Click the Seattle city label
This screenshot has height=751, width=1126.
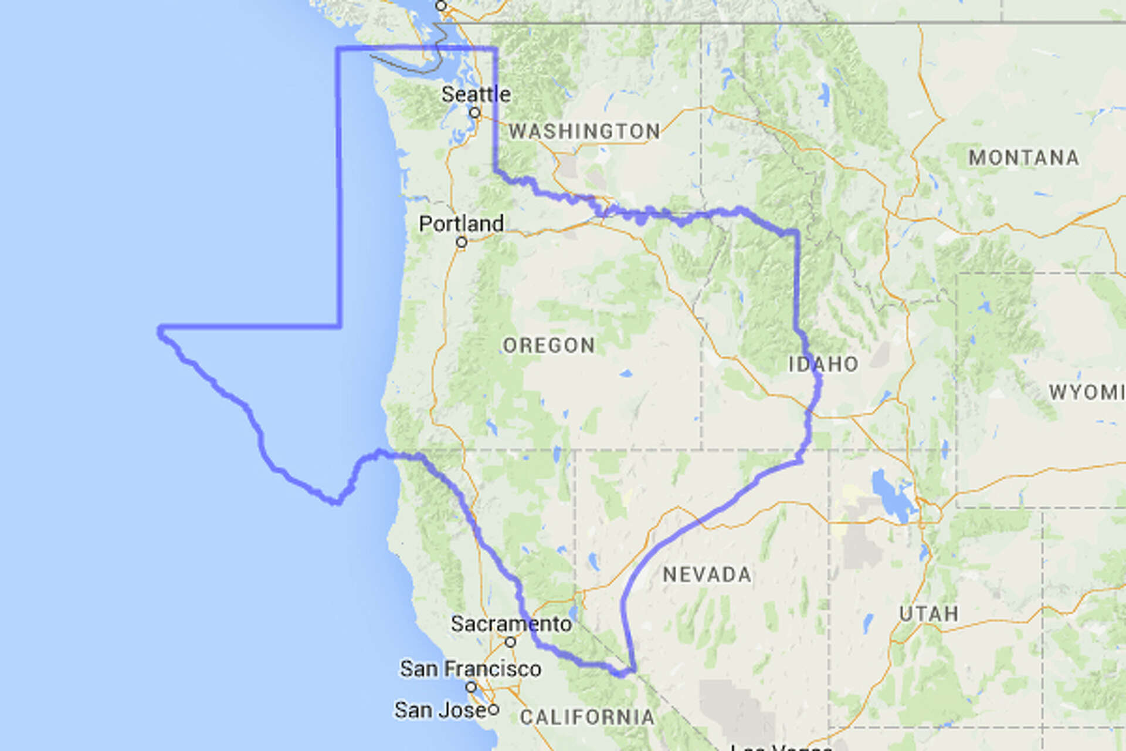[476, 94]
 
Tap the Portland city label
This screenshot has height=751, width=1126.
[461, 224]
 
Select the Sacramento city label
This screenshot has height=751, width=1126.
[511, 624]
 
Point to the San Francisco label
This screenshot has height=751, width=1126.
[470, 668]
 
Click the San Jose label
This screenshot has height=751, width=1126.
[440, 710]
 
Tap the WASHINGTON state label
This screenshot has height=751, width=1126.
[584, 131]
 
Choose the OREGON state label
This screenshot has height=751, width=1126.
[549, 345]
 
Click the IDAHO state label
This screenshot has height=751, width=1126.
[823, 364]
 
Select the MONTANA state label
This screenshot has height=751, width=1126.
[1023, 157]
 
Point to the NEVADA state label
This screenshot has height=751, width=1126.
[707, 574]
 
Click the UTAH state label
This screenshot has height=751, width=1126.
[929, 614]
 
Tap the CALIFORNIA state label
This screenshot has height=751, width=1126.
[587, 717]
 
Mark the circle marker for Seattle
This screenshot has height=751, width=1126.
[475, 113]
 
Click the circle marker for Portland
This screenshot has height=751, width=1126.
[462, 242]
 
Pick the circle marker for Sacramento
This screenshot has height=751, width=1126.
[511, 642]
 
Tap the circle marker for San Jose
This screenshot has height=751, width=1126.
[494, 710]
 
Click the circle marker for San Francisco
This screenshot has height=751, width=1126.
[471, 687]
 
